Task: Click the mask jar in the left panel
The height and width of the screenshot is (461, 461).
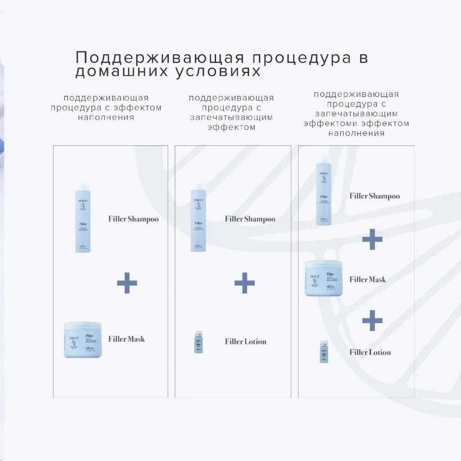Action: coord(83,340)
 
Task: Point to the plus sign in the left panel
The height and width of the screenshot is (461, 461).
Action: coord(127,283)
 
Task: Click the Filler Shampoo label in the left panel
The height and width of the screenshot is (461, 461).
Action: coord(133,219)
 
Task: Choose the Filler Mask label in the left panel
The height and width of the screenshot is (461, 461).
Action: coord(127,339)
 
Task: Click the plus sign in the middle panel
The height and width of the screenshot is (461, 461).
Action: coord(244,283)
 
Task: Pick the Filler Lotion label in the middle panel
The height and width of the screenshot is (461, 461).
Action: coord(245,342)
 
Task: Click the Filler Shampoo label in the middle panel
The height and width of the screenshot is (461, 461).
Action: coord(250,219)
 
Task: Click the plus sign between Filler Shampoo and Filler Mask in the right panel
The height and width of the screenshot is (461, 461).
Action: coord(372,239)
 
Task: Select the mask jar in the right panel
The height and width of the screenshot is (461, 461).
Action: coord(324,278)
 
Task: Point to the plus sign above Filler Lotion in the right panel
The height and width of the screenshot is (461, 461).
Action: coord(372,320)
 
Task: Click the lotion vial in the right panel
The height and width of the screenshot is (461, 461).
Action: coord(324,352)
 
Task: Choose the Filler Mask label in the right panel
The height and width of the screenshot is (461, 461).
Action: coord(368,280)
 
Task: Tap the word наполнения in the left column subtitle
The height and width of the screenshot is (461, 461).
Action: coord(106,118)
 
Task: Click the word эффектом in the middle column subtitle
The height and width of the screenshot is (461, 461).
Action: coord(231,127)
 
